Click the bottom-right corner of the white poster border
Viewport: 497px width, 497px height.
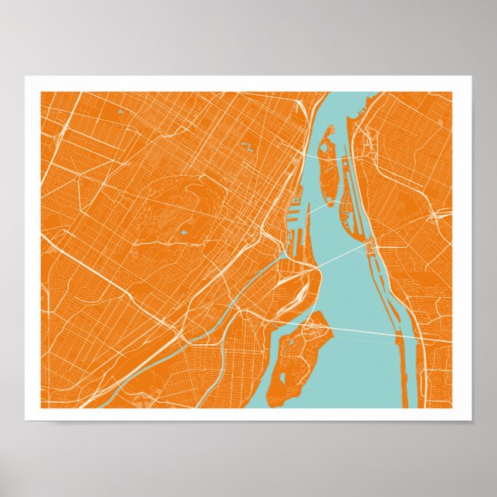471,420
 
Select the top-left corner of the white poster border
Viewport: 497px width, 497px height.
25,76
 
